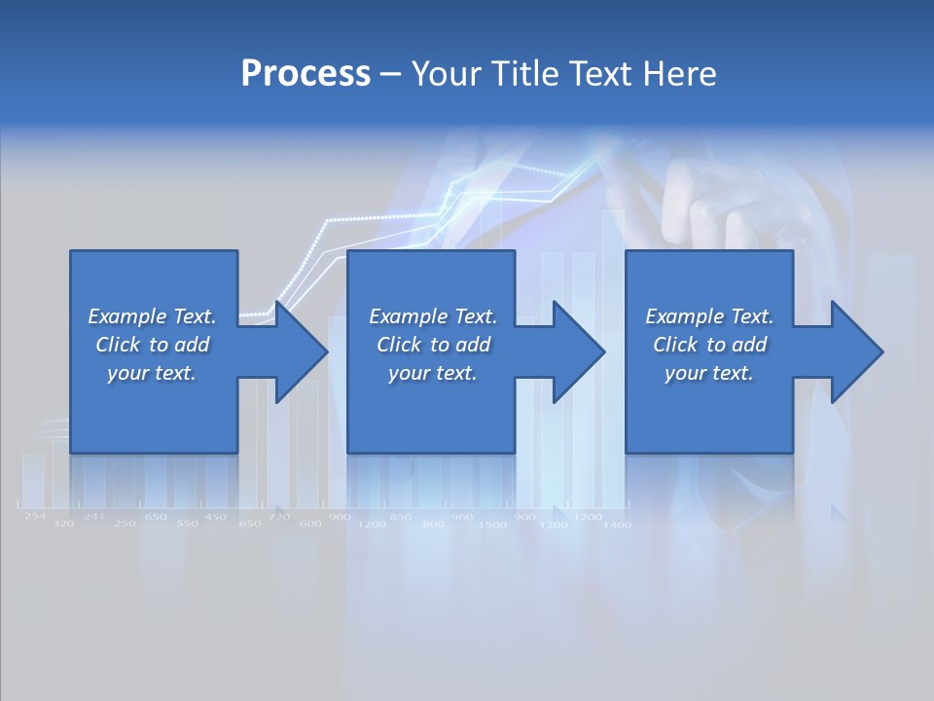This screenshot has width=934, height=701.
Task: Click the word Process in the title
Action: coord(305,73)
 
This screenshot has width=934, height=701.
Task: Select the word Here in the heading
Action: coord(680,73)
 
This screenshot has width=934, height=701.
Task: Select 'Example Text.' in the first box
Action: coord(152,316)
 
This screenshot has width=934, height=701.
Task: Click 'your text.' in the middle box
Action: coord(432,373)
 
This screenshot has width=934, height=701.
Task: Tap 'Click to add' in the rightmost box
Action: coord(709,345)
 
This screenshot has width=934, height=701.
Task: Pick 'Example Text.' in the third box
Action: coord(709,316)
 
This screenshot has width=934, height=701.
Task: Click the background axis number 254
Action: coord(35,516)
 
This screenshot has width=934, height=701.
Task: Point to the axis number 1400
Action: coord(617,525)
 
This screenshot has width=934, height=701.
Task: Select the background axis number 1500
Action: coord(493,525)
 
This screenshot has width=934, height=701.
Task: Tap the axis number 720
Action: coord(279,516)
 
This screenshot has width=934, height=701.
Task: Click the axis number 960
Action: coord(462,517)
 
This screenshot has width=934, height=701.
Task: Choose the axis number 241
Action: coord(93,516)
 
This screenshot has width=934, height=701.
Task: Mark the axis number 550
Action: coord(187,524)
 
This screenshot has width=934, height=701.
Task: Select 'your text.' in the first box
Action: coord(152,373)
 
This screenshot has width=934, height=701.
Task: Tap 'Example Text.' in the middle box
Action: coord(432,316)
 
